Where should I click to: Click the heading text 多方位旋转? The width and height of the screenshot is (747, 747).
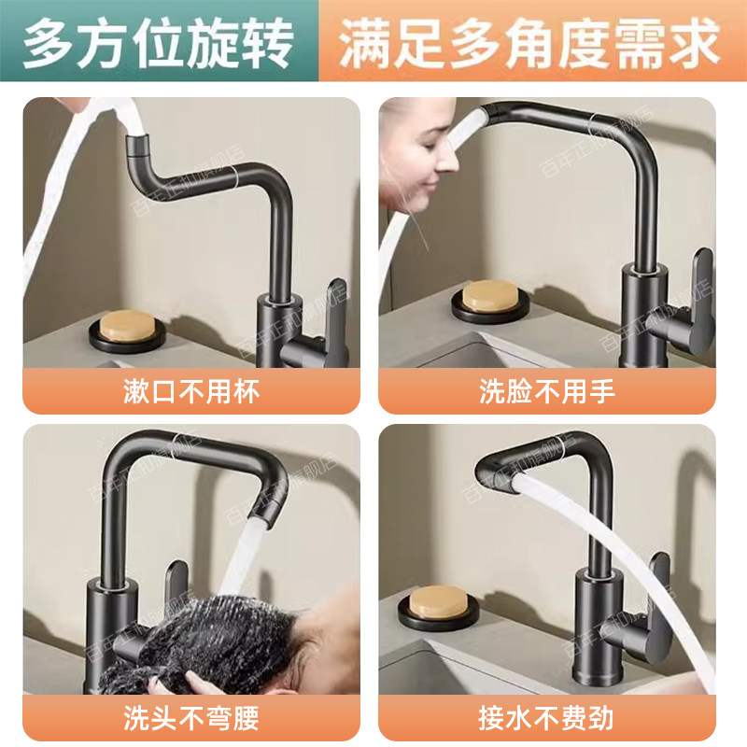(159, 41)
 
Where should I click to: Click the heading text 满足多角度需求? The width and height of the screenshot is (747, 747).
(529, 41)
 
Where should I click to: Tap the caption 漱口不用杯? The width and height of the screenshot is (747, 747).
(190, 391)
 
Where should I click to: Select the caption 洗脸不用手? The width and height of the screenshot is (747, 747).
(547, 391)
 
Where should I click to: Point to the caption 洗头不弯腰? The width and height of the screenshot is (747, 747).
(190, 719)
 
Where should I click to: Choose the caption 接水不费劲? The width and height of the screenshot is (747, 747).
(547, 719)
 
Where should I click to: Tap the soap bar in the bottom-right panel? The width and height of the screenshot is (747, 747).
(440, 602)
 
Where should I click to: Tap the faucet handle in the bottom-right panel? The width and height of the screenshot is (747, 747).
(659, 598)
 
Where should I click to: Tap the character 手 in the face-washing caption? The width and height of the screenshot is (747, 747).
(603, 391)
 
